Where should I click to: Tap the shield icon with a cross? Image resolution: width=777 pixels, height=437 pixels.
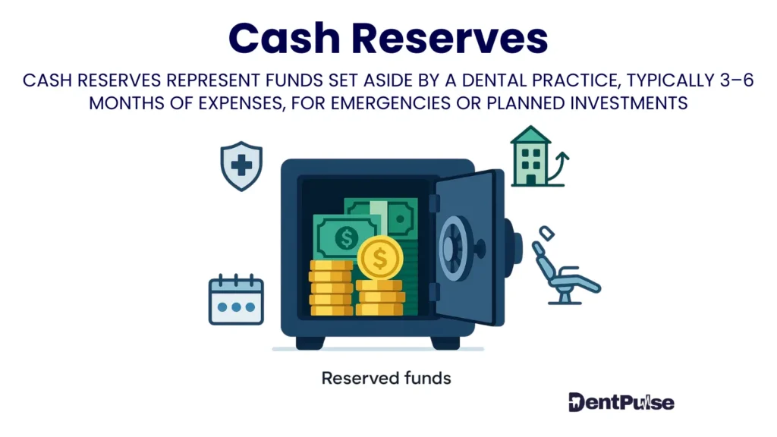241,165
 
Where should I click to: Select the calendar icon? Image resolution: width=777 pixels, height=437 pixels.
236,300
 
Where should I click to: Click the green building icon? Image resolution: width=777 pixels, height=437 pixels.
530,157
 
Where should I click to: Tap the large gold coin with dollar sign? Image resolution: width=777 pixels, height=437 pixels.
379,258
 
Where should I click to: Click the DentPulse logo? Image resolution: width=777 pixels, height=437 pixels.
621,402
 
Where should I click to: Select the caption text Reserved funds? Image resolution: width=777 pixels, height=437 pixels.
386,377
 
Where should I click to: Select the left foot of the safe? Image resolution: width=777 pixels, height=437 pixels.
310,342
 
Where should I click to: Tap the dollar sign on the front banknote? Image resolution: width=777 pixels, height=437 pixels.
347,238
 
